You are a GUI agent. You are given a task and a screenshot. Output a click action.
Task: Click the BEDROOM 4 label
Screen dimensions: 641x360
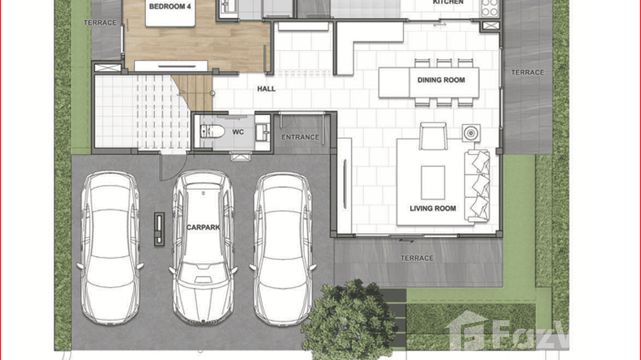(170, 7)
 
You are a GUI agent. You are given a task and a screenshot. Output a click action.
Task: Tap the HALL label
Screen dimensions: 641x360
(266, 89)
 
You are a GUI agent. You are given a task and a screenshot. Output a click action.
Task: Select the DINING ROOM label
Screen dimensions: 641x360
(441, 80)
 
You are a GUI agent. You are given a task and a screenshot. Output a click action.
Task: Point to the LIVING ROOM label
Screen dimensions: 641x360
(433, 209)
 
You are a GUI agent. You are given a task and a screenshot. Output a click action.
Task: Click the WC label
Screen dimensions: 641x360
(238, 132)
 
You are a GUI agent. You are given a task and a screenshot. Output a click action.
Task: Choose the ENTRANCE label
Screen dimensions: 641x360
(300, 137)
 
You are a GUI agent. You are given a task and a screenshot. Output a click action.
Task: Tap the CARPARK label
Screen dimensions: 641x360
(203, 227)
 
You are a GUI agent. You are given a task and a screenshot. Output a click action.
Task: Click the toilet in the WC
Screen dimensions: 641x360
(212, 131)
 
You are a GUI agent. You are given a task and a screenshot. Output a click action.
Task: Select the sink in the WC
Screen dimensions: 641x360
(262, 132)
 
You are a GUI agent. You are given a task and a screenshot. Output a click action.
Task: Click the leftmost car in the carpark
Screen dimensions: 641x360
(110, 248)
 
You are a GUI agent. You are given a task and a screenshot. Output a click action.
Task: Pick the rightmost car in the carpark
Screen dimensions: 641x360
(283, 249)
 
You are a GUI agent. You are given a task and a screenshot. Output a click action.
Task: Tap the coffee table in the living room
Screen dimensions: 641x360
(433, 183)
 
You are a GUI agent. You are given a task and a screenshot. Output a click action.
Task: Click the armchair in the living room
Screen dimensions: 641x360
(433, 136)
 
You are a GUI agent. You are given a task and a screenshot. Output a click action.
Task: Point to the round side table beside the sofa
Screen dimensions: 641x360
(471, 133)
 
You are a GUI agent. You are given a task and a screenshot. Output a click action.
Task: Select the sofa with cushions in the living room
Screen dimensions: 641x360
(477, 186)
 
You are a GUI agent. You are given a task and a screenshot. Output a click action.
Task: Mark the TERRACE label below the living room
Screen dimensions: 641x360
(417, 258)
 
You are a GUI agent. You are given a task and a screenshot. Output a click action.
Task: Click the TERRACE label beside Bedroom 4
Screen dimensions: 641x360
(100, 22)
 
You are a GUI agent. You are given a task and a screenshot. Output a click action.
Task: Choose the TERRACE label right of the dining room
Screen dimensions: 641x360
(528, 73)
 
